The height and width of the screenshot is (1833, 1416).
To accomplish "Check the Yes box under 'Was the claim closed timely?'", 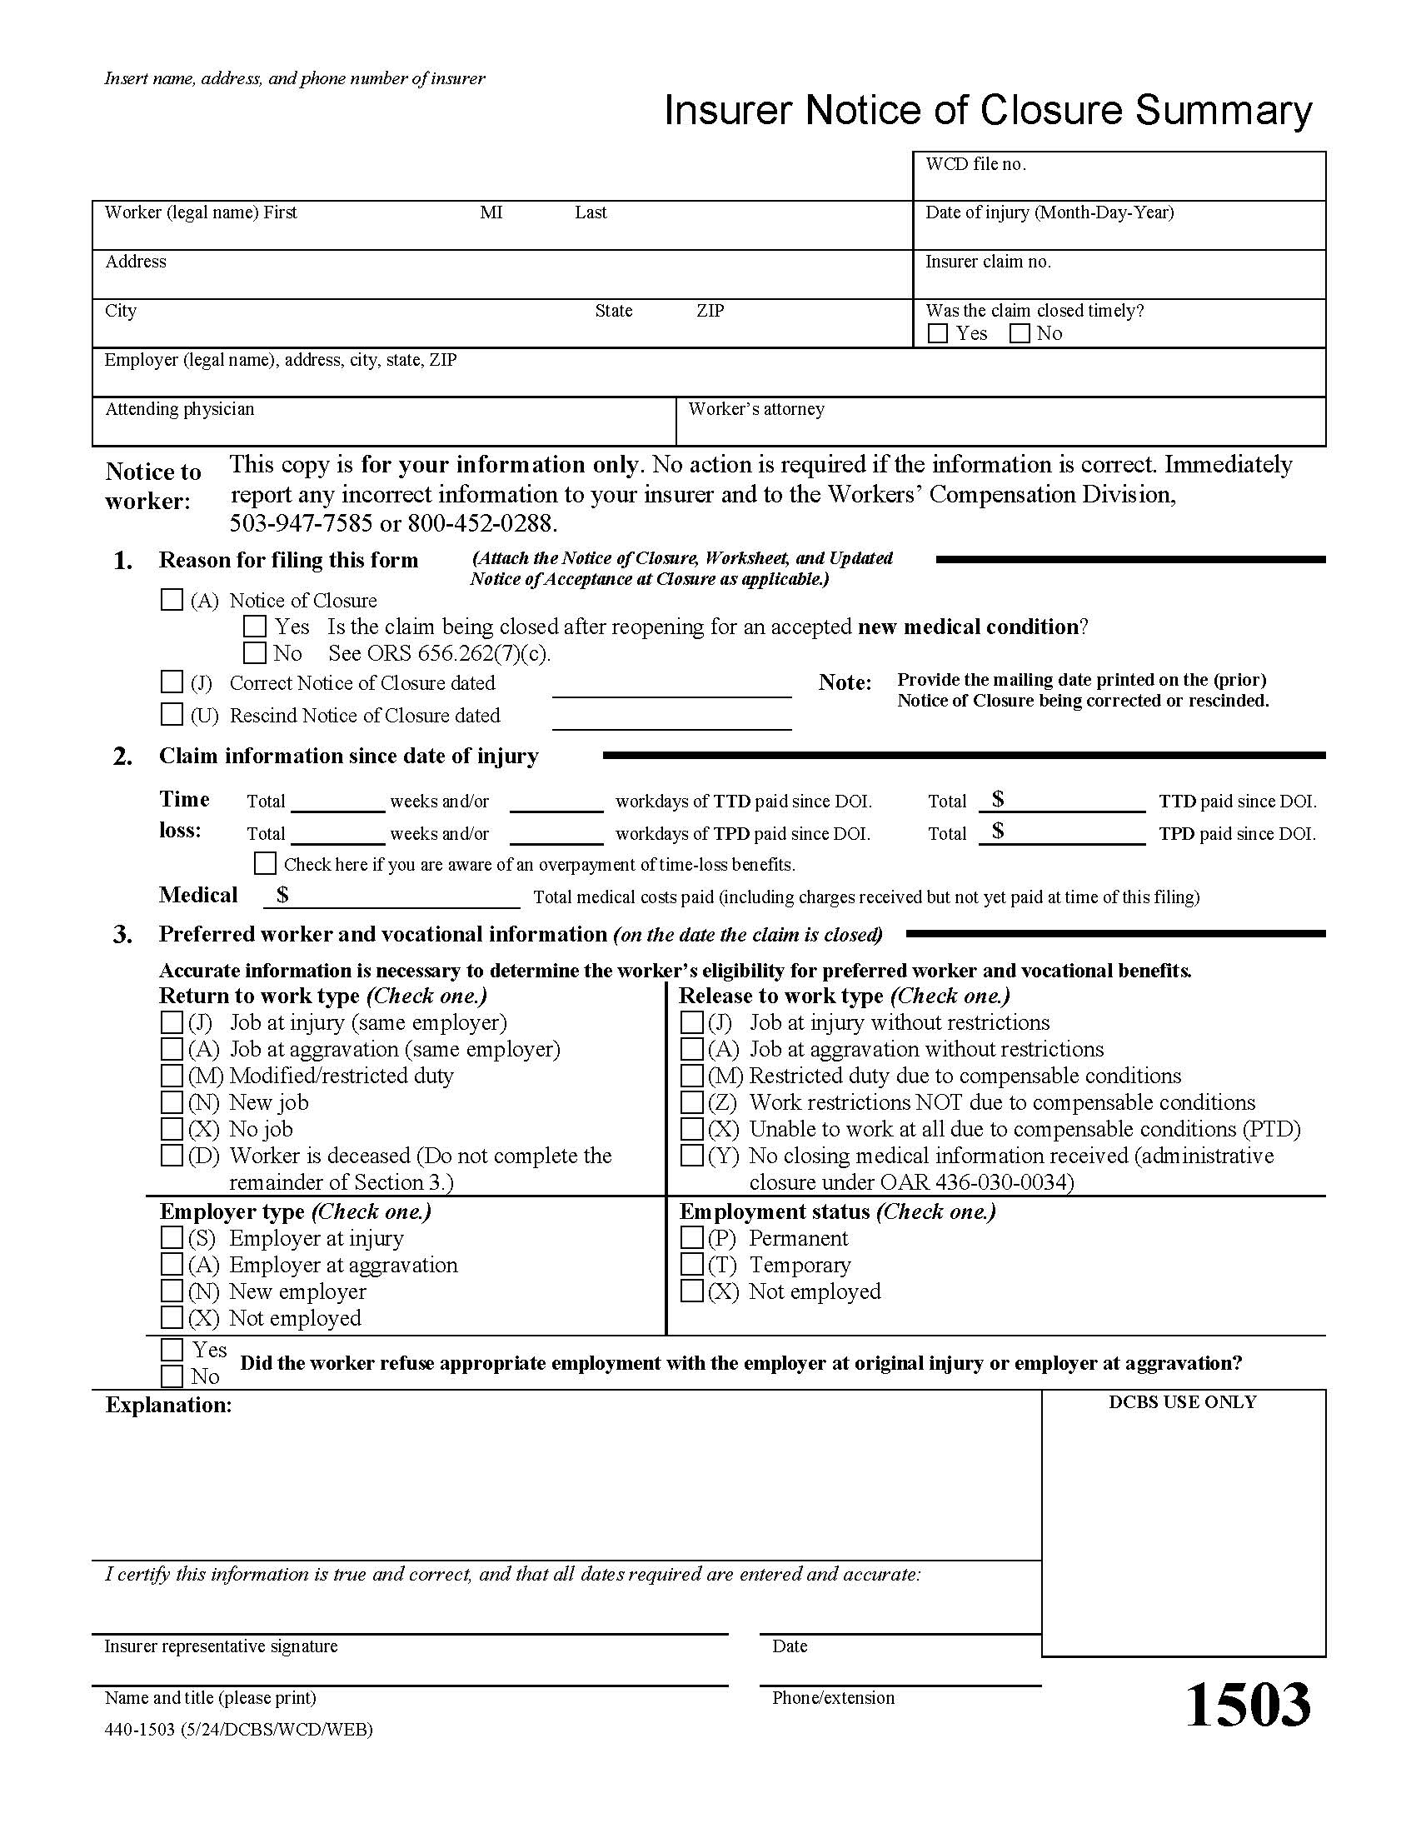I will (x=938, y=333).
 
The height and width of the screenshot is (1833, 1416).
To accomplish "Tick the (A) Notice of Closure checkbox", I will (x=171, y=599).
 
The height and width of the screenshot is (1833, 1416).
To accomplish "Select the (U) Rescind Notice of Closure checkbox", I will (x=171, y=714).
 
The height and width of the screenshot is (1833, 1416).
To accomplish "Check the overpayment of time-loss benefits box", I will (x=265, y=863).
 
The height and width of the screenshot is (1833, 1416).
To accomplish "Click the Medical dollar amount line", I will (x=394, y=897).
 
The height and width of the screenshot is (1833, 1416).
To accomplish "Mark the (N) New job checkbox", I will (x=171, y=1102).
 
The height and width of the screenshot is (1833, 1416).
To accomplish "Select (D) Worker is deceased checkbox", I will (x=171, y=1155).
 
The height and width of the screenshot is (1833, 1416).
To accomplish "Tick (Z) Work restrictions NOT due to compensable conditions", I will (x=691, y=1102).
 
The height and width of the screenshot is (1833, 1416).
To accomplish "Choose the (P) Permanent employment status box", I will (x=691, y=1237).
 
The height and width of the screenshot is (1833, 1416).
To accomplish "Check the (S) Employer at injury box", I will (x=171, y=1237).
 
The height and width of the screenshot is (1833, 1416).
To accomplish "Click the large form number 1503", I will (x=1249, y=1706).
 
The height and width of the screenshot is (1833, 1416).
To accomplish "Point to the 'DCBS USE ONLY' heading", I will (x=1182, y=1402).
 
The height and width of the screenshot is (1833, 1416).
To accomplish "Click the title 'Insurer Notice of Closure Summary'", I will (x=987, y=110).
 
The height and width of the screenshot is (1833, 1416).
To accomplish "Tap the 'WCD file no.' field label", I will (x=975, y=164).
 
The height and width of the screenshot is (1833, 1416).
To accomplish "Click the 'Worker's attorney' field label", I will (x=755, y=409).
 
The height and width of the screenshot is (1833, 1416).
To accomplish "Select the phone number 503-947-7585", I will (x=302, y=524).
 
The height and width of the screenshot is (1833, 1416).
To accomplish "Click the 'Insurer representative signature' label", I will (x=221, y=1646).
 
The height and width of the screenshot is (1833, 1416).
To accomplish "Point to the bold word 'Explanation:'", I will (x=168, y=1406).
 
